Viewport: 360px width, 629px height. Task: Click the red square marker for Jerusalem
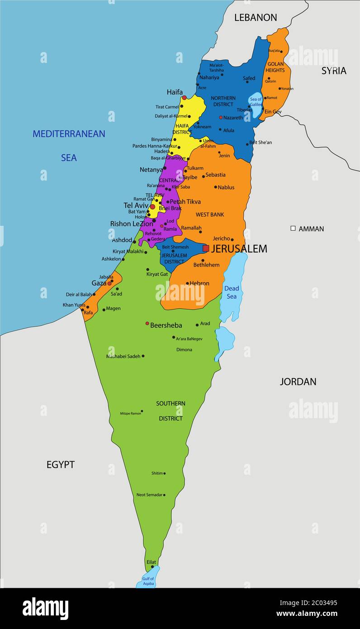pyautogui.click(x=206, y=248)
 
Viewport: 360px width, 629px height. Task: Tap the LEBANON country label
pyautogui.click(x=255, y=18)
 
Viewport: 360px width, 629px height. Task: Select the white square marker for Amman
pyautogui.click(x=293, y=229)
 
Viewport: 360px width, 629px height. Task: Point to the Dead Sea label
pyautogui.click(x=232, y=292)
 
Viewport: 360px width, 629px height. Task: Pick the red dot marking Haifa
pyautogui.click(x=184, y=97)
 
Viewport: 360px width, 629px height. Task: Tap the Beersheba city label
pyautogui.click(x=166, y=325)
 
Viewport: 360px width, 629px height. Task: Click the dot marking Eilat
pyautogui.click(x=152, y=567)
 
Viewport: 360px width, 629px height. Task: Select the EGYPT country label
pyautogui.click(x=61, y=464)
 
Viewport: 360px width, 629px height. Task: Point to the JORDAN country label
pyautogui.click(x=298, y=381)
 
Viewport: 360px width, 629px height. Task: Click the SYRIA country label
pyautogui.click(x=334, y=71)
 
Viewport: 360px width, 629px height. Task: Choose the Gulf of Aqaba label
pyautogui.click(x=148, y=581)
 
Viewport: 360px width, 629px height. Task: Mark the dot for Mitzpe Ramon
pyautogui.click(x=142, y=411)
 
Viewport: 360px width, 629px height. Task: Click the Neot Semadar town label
pyautogui.click(x=149, y=495)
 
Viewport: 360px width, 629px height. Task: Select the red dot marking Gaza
pyautogui.click(x=109, y=283)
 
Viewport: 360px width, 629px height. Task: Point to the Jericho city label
pyautogui.click(x=222, y=238)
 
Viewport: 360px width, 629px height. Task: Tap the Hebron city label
pyautogui.click(x=199, y=283)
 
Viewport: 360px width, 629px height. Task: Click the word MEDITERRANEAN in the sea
pyautogui.click(x=69, y=134)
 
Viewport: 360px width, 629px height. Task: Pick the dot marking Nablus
pyautogui.click(x=216, y=187)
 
